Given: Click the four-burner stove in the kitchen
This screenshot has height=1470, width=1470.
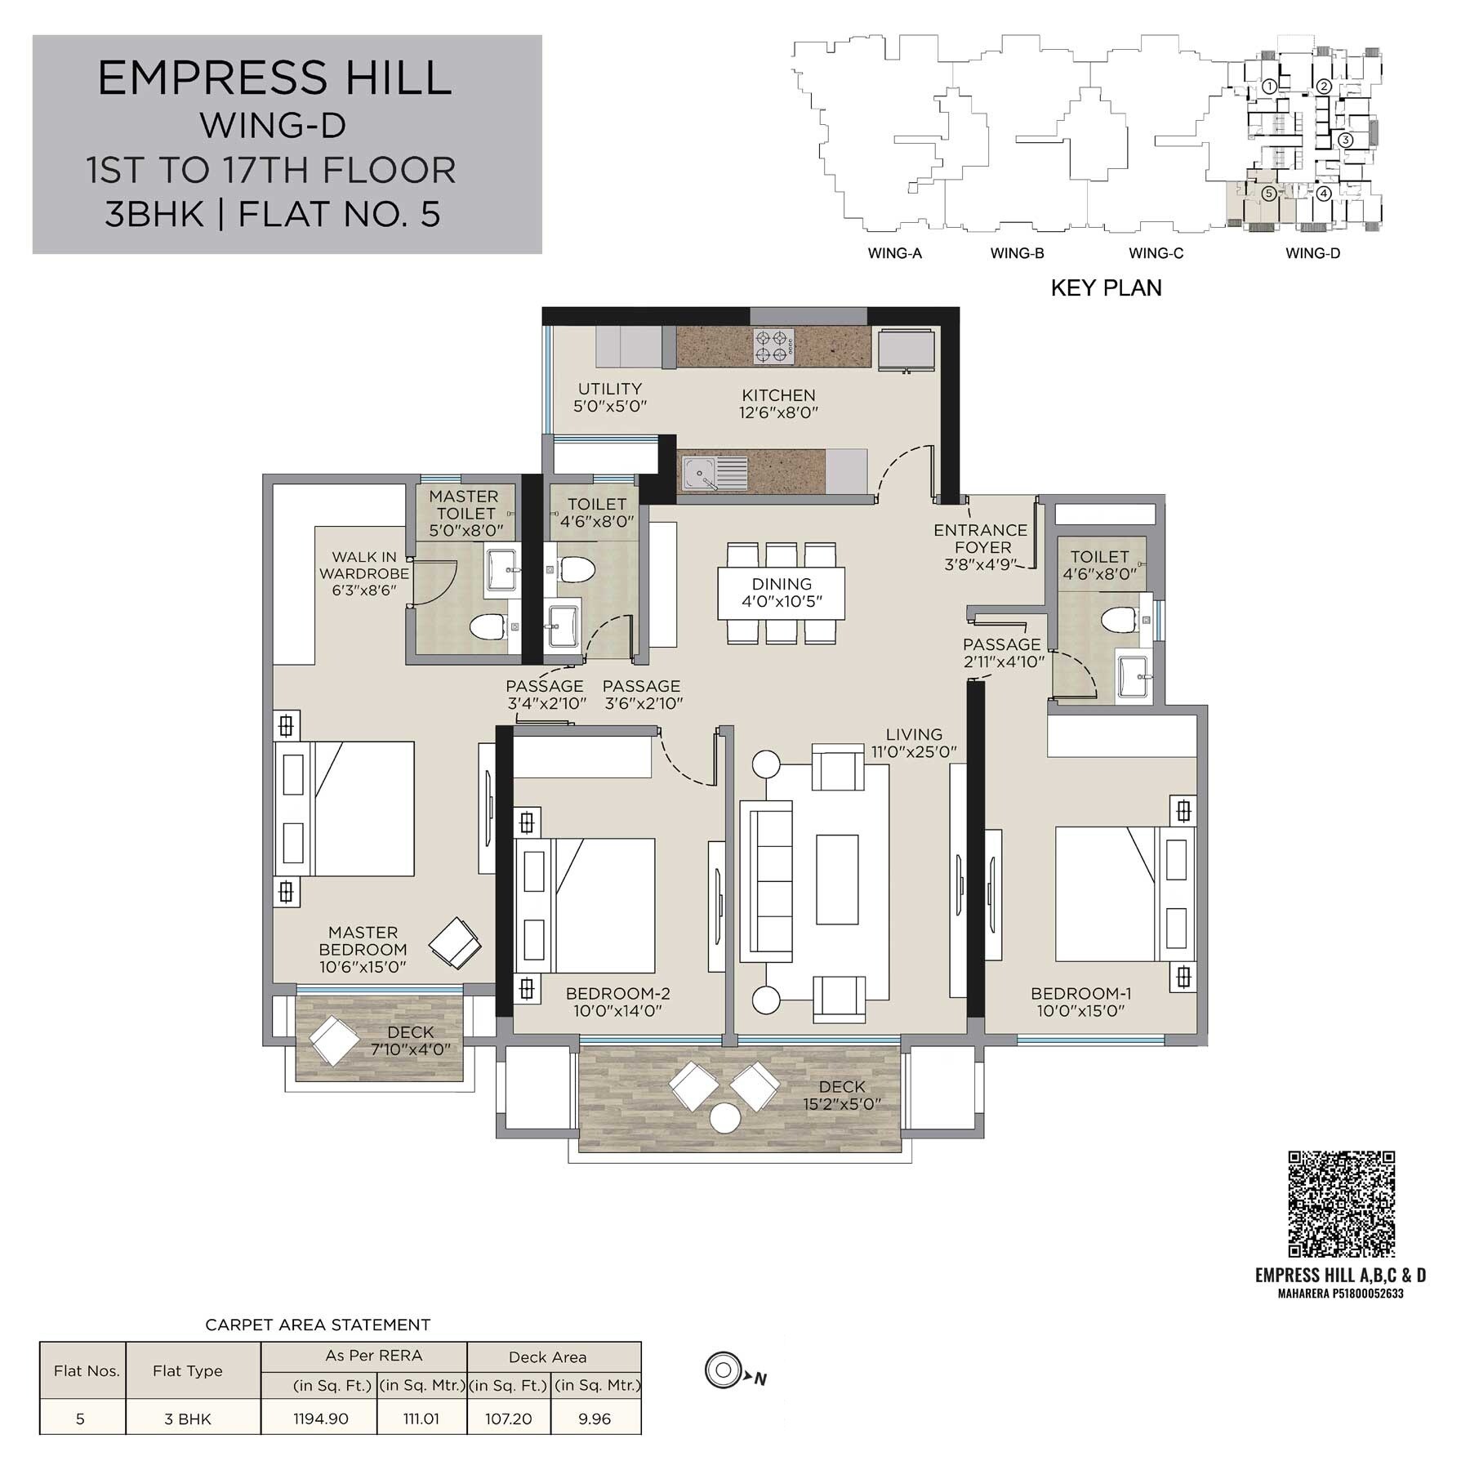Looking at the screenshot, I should coord(773,346).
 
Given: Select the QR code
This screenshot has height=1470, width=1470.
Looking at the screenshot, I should coord(1341,1204).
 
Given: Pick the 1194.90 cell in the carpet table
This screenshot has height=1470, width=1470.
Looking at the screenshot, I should coord(320,1419).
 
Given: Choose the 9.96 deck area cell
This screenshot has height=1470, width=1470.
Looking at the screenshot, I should coord(595,1419).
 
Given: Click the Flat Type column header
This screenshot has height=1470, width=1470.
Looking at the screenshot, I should coord(187,1371).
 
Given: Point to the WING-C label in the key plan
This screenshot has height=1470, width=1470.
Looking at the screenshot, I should coord(1156,253).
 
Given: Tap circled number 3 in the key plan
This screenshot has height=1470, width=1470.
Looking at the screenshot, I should coord(1346,140).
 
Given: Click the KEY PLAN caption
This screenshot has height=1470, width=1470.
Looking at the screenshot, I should coord(1106,287).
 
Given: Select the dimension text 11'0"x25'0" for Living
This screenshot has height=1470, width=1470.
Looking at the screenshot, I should coord(914,752).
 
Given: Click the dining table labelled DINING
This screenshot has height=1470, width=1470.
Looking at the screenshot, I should coord(782,593).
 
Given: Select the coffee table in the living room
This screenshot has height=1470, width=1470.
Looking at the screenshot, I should coord(837,880).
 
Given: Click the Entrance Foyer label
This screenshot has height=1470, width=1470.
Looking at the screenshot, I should coord(980,538).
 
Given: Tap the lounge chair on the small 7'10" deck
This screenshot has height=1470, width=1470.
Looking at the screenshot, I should coord(333,1040).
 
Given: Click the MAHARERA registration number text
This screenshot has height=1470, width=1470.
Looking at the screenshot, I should coord(1340,1294).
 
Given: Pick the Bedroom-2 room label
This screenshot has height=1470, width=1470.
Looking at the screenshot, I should coord(617,994).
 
